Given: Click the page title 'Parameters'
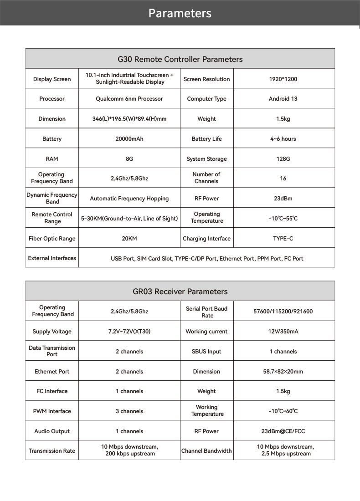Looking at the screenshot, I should (x=180, y=13).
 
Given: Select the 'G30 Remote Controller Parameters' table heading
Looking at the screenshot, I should (x=180, y=59).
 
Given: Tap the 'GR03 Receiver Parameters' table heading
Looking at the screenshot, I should (x=180, y=291).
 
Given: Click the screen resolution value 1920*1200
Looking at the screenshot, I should (x=283, y=79).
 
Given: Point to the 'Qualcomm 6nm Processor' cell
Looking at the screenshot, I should (x=129, y=99).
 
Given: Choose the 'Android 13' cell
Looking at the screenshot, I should (x=283, y=99).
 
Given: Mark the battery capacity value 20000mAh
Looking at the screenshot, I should (x=129, y=139).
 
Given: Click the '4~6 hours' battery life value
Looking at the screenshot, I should (x=283, y=139).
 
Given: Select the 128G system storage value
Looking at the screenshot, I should (x=283, y=159).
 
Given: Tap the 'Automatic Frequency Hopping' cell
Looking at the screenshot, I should (x=129, y=199).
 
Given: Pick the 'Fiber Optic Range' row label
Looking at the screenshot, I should (x=52, y=239).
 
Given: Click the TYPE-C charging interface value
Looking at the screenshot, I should (x=283, y=239).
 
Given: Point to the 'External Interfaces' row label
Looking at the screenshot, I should (x=52, y=258).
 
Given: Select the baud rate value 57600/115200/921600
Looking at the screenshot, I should (x=283, y=312).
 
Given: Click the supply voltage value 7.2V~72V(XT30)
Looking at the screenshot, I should (x=129, y=332).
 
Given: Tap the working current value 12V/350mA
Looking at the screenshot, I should (x=283, y=332).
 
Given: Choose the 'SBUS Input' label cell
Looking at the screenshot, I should (x=206, y=352).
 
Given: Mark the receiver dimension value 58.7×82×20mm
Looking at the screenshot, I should (x=283, y=372).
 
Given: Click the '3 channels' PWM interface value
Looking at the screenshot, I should (x=129, y=411).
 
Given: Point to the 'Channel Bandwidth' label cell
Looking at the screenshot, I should (x=206, y=451).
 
